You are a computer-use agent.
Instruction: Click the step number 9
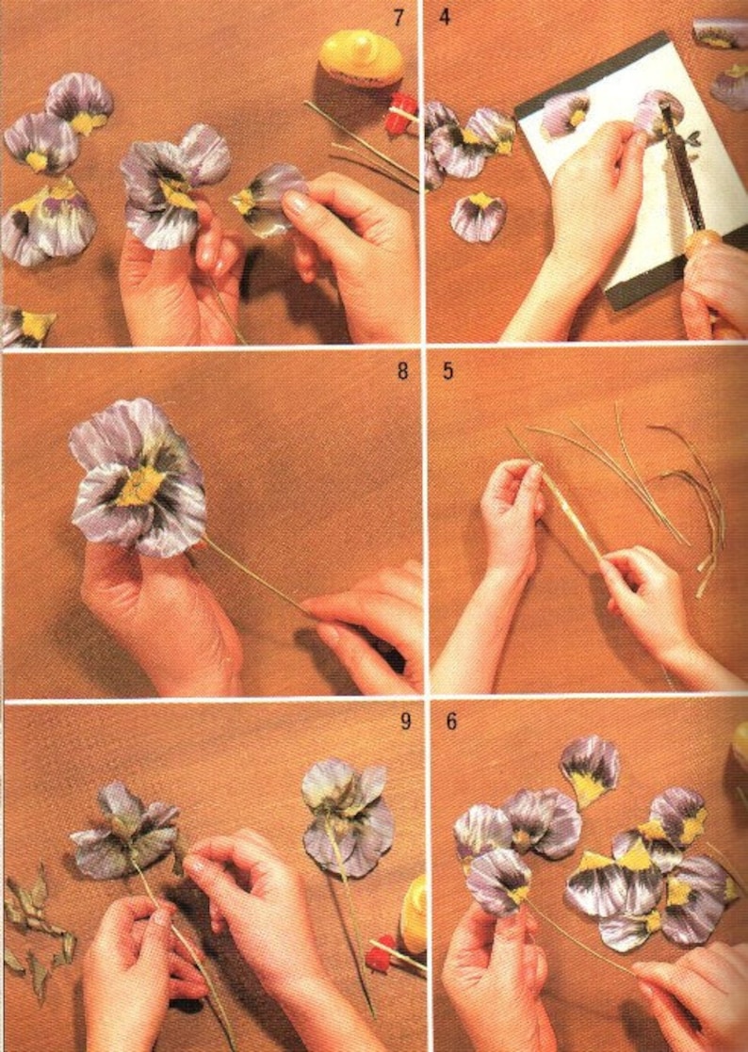tap(405, 722)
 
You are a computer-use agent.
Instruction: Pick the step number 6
tap(451, 722)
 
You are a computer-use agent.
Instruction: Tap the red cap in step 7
tap(401, 111)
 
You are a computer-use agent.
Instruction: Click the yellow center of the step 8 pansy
tap(141, 485)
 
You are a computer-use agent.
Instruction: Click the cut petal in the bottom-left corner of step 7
tap(25, 325)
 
